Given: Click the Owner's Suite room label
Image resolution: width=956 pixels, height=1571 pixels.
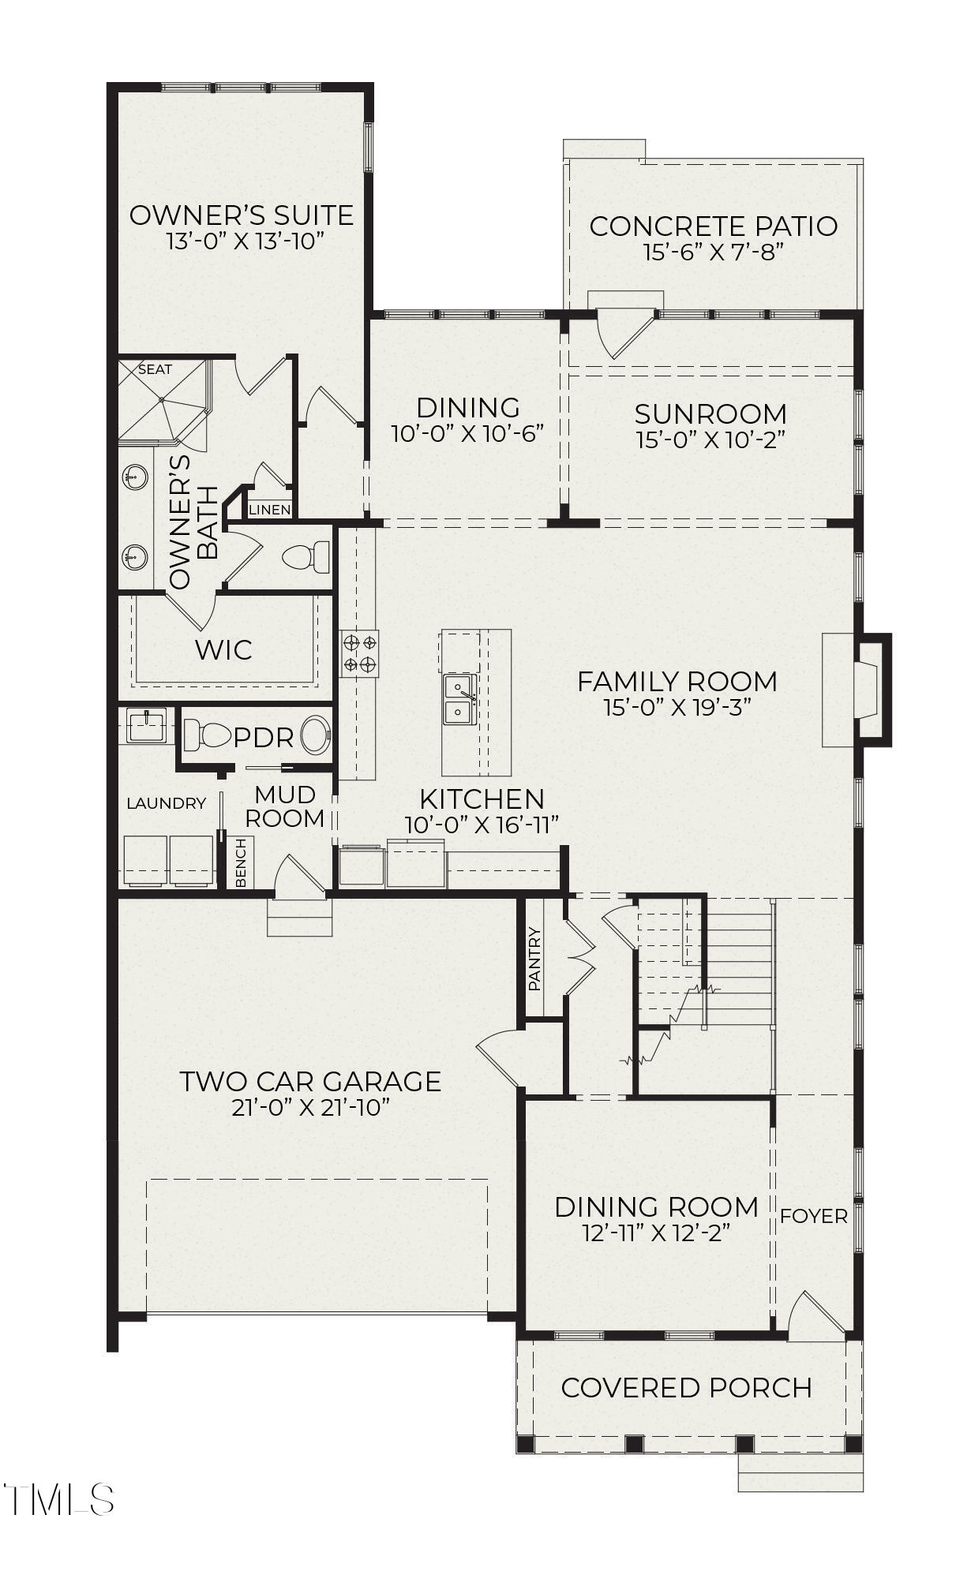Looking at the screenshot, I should click(x=241, y=215).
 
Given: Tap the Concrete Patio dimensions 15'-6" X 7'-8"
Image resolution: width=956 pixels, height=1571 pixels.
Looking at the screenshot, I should click(x=712, y=252).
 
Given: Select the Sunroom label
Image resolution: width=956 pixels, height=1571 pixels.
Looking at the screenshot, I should click(x=710, y=413).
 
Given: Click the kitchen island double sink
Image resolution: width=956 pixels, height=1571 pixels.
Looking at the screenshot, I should click(x=459, y=699).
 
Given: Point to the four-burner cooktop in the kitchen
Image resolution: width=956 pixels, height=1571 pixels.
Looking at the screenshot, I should click(x=359, y=653).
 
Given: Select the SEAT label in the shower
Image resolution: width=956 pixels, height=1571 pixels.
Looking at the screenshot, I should click(x=155, y=369).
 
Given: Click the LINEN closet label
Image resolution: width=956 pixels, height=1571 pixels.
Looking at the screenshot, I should click(x=270, y=510).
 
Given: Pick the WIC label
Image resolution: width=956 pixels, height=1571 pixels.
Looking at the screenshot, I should click(x=223, y=650).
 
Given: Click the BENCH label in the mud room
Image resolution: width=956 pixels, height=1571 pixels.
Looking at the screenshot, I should click(x=241, y=862).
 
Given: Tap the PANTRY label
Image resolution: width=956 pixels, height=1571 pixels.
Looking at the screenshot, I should click(x=534, y=959).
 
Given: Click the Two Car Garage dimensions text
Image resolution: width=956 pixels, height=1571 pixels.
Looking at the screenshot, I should click(x=311, y=1107).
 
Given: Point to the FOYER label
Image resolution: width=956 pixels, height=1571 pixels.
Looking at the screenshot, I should click(x=813, y=1216).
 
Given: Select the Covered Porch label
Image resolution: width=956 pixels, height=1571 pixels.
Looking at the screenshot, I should click(x=686, y=1387).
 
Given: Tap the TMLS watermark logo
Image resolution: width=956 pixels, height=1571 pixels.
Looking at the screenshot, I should click(x=59, y=1499).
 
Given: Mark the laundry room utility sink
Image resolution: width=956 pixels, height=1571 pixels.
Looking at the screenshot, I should click(x=146, y=725).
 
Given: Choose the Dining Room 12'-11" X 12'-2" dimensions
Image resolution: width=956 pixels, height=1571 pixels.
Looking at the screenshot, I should click(x=655, y=1232).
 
